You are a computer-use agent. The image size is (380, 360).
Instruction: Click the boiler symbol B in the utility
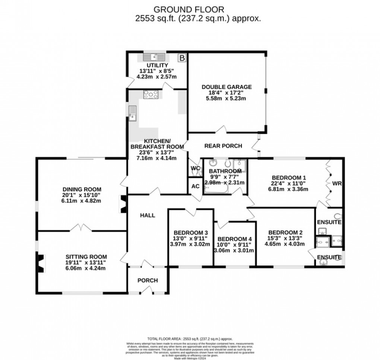[x=182, y=58]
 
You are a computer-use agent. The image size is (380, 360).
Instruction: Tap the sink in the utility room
[x=154, y=57]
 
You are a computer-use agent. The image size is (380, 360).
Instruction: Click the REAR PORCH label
[x=223, y=146]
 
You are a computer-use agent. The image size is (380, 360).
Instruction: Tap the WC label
[x=195, y=168]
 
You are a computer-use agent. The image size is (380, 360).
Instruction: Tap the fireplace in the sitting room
[x=41, y=263]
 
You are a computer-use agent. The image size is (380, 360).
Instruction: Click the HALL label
[x=148, y=215]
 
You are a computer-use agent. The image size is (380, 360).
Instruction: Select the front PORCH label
[x=148, y=280]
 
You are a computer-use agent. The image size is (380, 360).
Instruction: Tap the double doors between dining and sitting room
[x=82, y=227]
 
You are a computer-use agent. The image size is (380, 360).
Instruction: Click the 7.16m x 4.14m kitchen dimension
[x=156, y=158]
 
